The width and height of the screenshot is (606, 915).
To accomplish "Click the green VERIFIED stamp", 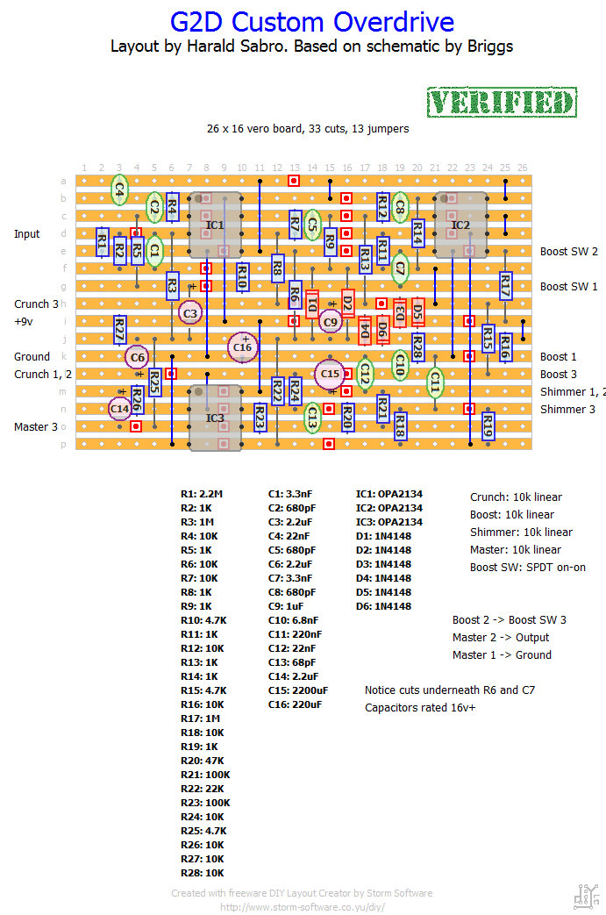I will [x=503, y=103].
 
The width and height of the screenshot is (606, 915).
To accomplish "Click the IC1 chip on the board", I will [x=215, y=225].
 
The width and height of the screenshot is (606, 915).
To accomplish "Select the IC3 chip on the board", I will [x=215, y=418].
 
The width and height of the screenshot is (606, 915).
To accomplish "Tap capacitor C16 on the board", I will [x=243, y=347].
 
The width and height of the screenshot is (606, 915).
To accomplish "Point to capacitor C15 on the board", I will [x=330, y=374].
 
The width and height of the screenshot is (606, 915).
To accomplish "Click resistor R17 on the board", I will [x=505, y=286].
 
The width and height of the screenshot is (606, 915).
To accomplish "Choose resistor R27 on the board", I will [x=119, y=330].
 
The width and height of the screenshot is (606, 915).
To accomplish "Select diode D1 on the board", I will [x=312, y=304].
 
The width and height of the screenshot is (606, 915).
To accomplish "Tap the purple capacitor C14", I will [x=120, y=409].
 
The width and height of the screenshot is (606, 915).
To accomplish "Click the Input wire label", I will [x=27, y=234].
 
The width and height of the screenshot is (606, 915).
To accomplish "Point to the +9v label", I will [x=24, y=322].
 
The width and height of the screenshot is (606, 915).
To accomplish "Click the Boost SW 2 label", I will [x=568, y=252].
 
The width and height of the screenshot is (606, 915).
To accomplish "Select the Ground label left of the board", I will [x=32, y=357].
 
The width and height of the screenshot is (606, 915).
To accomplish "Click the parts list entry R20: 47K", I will [x=203, y=761].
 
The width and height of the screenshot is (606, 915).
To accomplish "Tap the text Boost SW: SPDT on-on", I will [x=528, y=568].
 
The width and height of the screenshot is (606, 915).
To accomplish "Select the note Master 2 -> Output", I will [x=501, y=638].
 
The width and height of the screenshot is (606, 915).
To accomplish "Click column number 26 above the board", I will [x=523, y=168].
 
